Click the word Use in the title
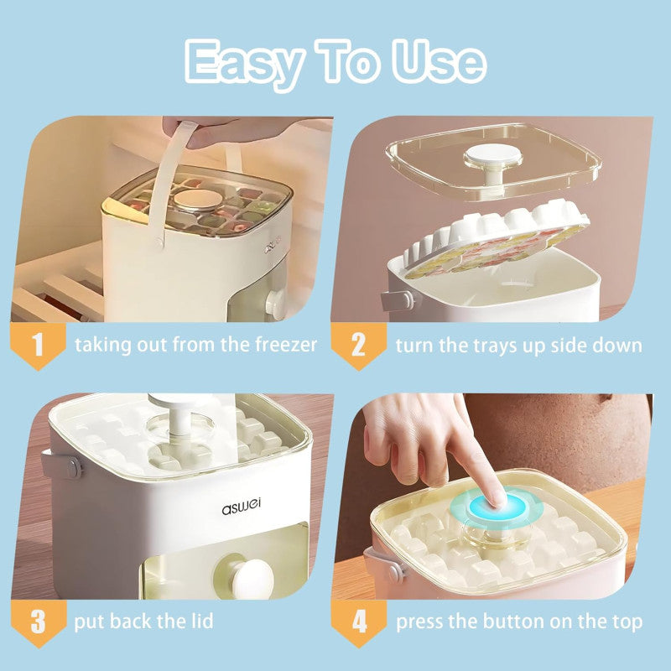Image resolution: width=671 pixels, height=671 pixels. pyautogui.click(x=440, y=61)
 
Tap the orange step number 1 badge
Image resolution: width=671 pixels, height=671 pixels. pyautogui.click(x=36, y=345)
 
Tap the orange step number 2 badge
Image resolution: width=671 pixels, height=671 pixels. pyautogui.click(x=358, y=345)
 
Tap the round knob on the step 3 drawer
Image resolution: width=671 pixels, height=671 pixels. pyautogui.click(x=252, y=579)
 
